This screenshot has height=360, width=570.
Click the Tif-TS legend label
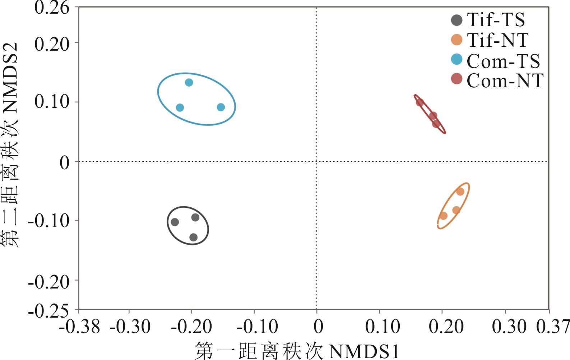[x=496, y=20]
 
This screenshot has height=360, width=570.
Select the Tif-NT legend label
[x=497, y=40]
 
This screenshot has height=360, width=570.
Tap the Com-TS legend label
[x=503, y=61]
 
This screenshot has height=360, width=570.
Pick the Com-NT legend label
[x=505, y=80]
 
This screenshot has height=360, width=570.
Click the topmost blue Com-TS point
[x=189, y=83]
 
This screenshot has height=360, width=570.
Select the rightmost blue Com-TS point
[x=221, y=107]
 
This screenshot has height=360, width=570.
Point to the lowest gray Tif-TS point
[x=194, y=237]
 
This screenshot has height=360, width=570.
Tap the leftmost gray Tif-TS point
[x=175, y=222]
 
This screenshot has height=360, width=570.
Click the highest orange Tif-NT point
[x=460, y=191]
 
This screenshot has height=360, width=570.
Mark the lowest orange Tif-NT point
[x=444, y=216]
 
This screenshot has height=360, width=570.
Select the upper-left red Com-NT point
[x=420, y=102]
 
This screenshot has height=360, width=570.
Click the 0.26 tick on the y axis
[x=52, y=8]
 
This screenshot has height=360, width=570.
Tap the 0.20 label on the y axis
[x=52, y=45]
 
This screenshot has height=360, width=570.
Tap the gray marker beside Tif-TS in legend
[x=457, y=20]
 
